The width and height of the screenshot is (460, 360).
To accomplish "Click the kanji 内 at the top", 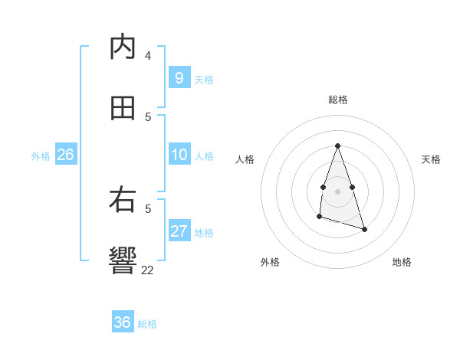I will tap(123, 47).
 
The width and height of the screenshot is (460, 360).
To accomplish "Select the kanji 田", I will tap(123, 109).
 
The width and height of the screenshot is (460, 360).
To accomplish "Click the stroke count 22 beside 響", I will tap(148, 270).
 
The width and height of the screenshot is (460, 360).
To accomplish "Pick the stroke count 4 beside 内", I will tap(148, 55).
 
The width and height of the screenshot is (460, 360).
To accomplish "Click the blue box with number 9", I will tap(179, 78).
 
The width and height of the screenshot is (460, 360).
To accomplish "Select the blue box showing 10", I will tap(179, 155).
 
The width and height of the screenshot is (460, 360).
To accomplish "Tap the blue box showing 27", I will tap(179, 231).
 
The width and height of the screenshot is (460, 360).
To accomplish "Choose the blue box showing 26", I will tap(65, 155).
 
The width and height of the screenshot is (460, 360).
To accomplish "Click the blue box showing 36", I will tap(123, 322).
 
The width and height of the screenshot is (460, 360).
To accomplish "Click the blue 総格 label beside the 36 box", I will tap(147, 324).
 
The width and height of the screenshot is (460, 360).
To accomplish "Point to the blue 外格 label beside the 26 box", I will tap(41, 156).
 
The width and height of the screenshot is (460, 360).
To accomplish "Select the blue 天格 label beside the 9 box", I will tap(204, 80).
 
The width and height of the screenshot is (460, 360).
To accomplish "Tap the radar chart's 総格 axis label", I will tap(338, 100).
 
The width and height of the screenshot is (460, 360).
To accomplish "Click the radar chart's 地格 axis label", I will tap(402, 262).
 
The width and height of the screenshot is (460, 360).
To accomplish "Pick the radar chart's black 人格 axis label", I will tap(245, 159).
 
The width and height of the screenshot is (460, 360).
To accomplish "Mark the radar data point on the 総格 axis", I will tap(337, 146).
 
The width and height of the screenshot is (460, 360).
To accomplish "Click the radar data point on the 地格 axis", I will tap(364, 229).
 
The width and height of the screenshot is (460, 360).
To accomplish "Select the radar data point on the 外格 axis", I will tap(319, 218).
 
